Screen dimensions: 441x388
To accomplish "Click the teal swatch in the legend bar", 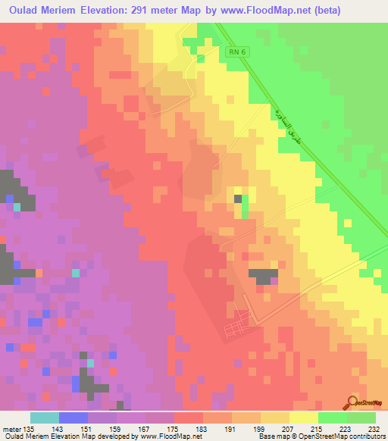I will (x=45, y=418).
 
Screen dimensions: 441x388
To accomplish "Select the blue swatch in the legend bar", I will (x=74, y=418).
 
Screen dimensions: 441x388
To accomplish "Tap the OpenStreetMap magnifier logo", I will (x=354, y=402).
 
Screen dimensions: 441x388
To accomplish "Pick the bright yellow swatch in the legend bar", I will (x=304, y=418).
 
